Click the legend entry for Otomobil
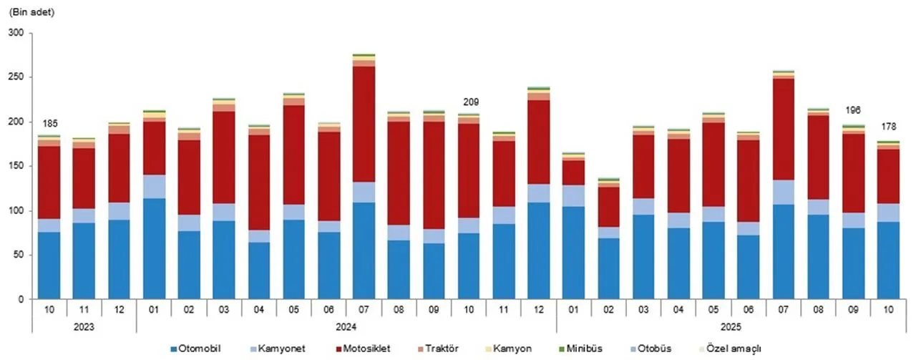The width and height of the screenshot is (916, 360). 199,349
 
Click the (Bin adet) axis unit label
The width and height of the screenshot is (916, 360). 31,13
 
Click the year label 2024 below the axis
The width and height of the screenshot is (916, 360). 346,325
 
